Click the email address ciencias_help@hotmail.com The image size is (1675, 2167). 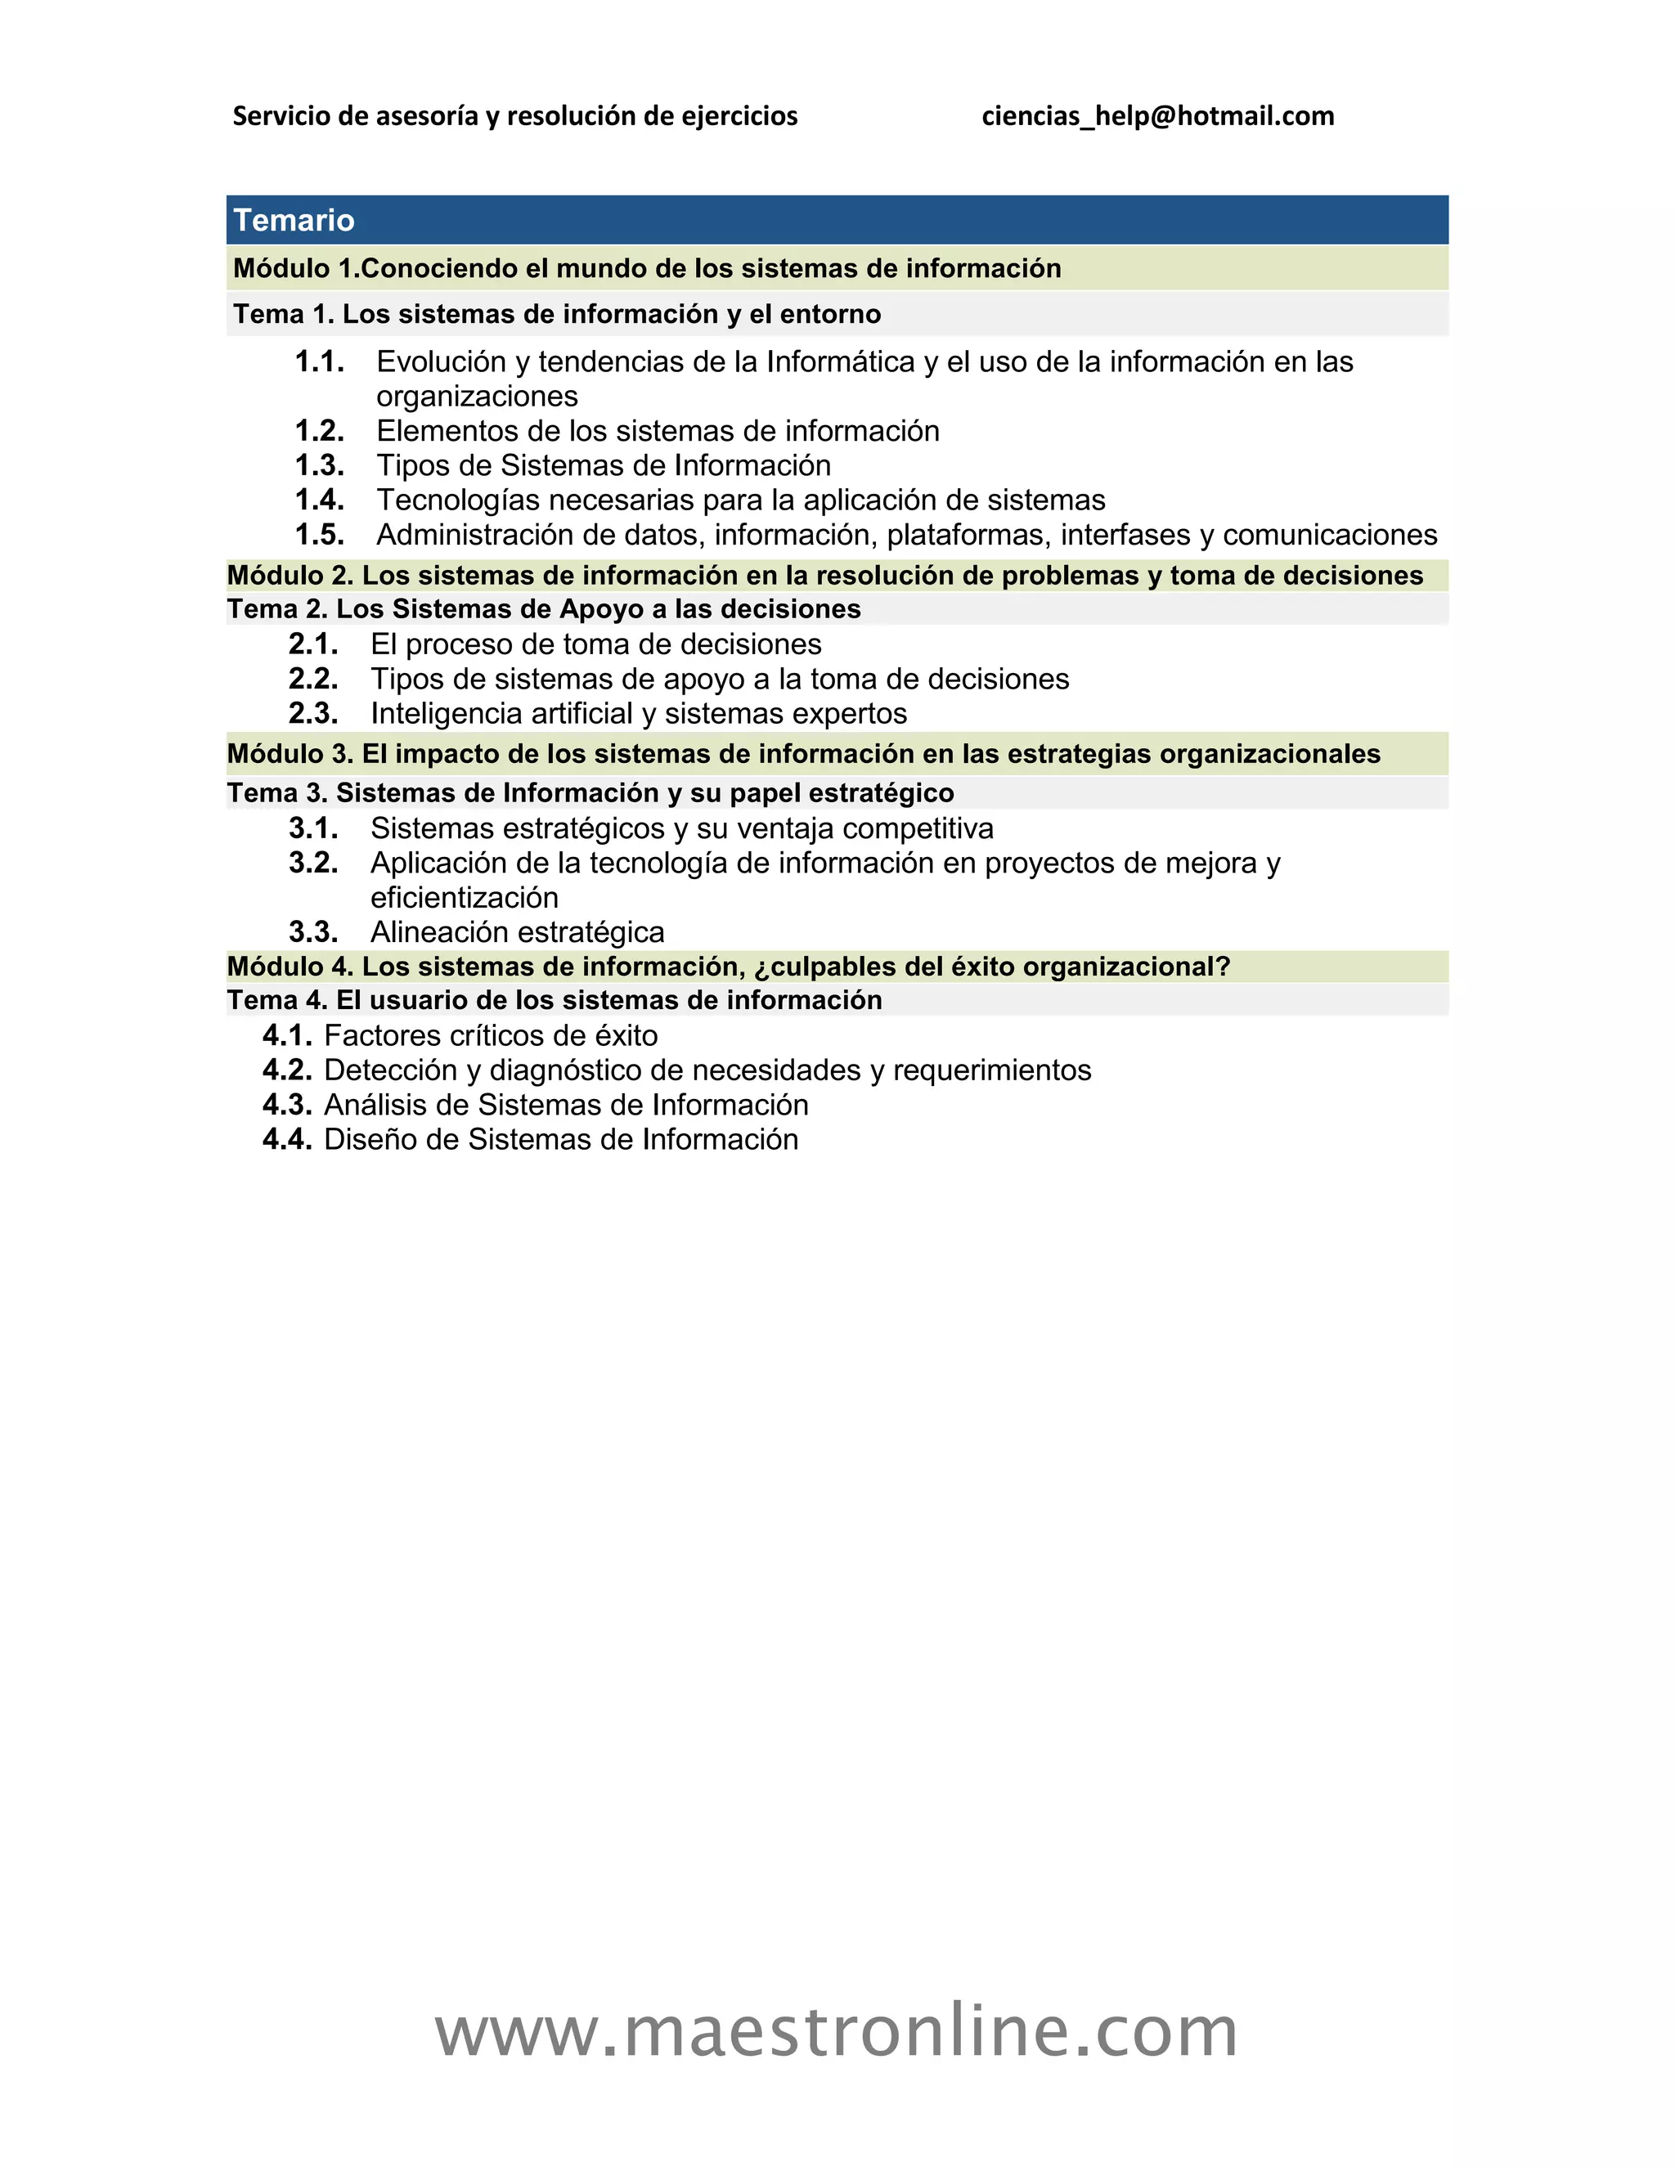click(x=1157, y=116)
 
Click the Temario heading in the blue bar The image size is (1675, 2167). click(x=294, y=220)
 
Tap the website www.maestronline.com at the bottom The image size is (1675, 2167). click(x=837, y=2030)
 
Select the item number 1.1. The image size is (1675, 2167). click(x=320, y=361)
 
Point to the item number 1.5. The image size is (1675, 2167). click(x=320, y=535)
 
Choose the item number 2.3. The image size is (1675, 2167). click(x=313, y=713)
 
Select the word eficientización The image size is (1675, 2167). click(x=465, y=898)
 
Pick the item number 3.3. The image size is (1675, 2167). click(x=313, y=933)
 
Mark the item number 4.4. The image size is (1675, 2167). click(x=287, y=1140)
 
